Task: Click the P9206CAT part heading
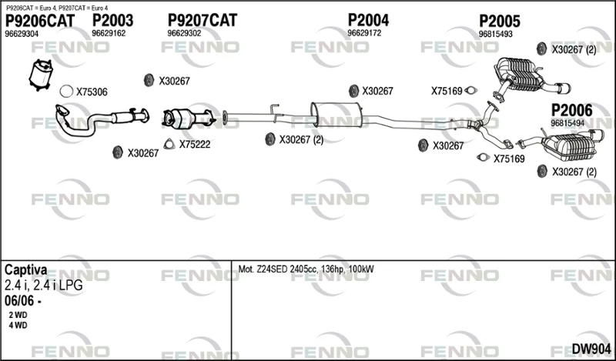[40, 21]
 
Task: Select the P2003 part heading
[112, 21]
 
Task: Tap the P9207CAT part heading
[203, 20]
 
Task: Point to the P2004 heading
[368, 20]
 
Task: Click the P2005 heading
[499, 22]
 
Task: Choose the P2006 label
[571, 110]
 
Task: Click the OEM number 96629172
[364, 33]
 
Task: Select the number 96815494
[567, 123]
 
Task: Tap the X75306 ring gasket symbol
[66, 92]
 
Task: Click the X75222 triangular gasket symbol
[169, 145]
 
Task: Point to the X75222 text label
[195, 145]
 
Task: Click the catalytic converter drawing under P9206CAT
[41, 75]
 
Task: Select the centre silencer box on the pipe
[336, 115]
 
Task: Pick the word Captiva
[26, 270]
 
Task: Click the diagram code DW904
[591, 349]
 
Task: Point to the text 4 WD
[18, 326]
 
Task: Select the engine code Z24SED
[272, 269]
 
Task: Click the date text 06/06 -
[23, 301]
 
